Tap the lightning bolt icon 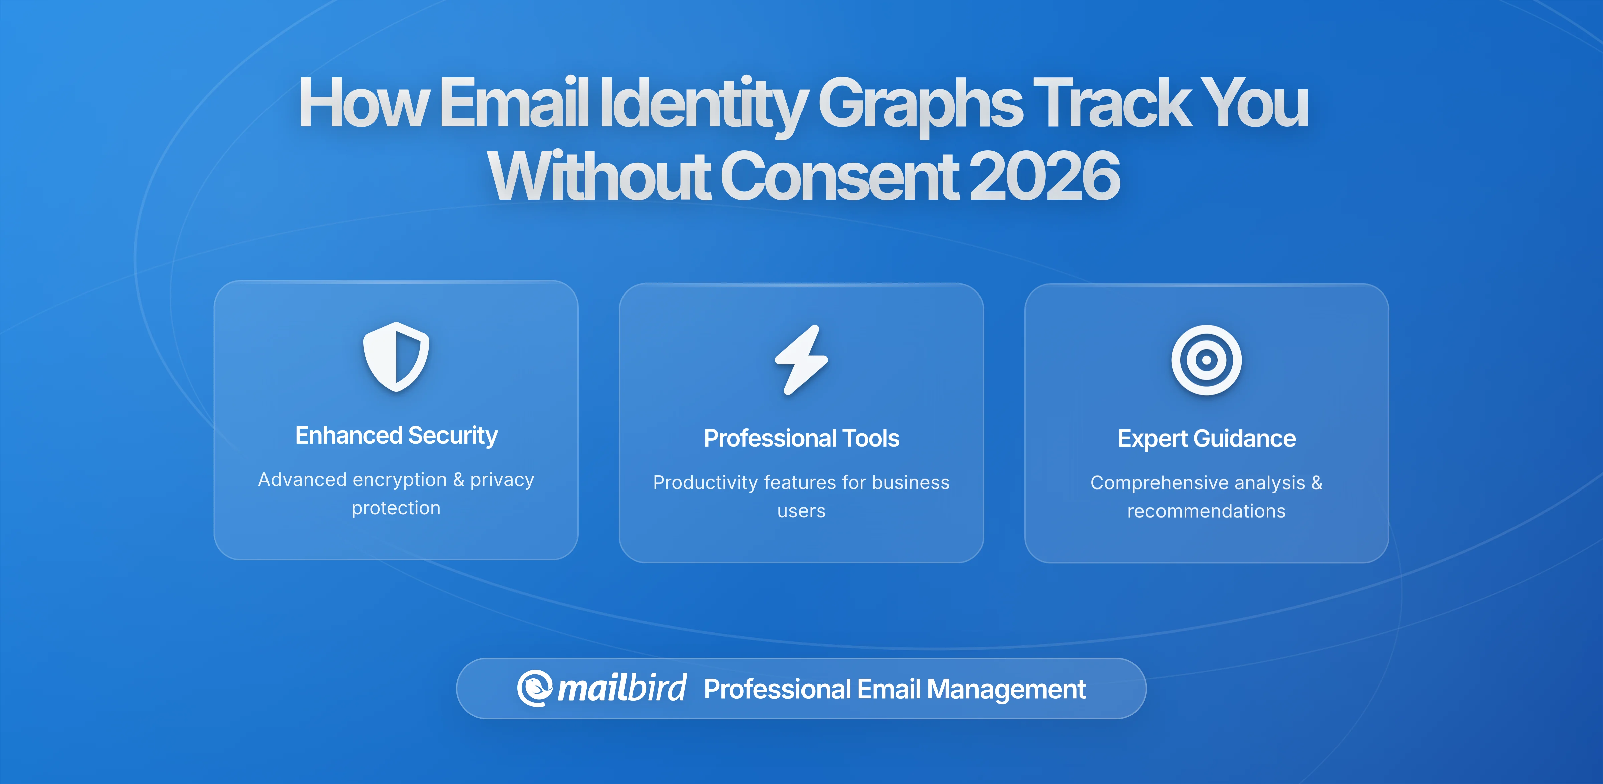(801, 360)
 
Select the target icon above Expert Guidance (1206, 360)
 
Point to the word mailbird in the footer (621, 688)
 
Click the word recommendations (1206, 511)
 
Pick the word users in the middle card (801, 511)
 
